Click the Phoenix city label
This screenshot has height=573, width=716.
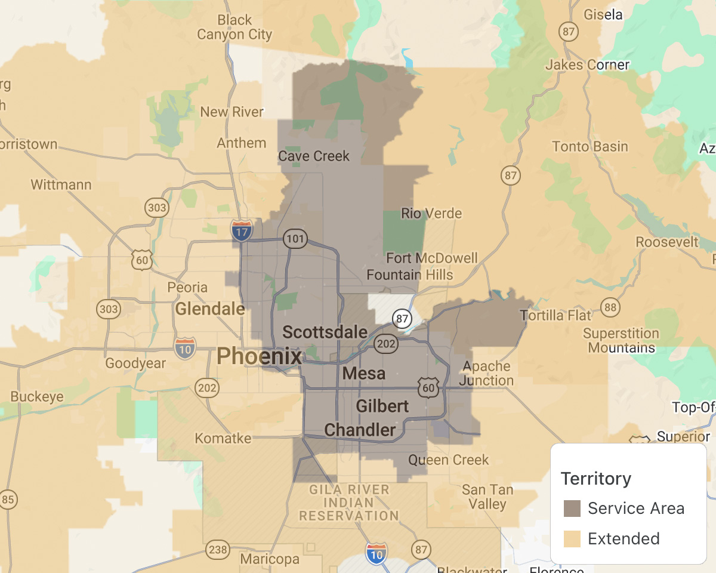click(259, 356)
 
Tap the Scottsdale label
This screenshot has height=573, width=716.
click(325, 332)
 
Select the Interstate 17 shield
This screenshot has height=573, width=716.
click(242, 230)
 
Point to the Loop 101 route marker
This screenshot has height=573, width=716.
click(295, 239)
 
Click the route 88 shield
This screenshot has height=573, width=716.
click(610, 308)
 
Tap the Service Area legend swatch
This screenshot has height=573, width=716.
click(572, 509)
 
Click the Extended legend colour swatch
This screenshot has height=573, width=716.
click(572, 539)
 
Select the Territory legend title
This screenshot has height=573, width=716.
click(595, 479)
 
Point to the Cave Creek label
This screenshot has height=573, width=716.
click(314, 156)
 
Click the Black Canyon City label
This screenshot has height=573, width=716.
click(234, 27)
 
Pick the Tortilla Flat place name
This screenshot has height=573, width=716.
click(555, 315)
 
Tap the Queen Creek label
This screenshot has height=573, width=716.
click(448, 460)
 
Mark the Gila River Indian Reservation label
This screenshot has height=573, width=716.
click(349, 503)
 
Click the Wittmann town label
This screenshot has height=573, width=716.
click(61, 184)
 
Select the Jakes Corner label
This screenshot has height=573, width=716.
click(587, 64)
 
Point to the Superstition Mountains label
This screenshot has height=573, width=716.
click(621, 340)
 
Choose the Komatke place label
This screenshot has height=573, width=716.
click(223, 439)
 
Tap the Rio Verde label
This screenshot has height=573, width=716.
click(431, 213)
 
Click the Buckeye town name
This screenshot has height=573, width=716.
click(36, 397)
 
